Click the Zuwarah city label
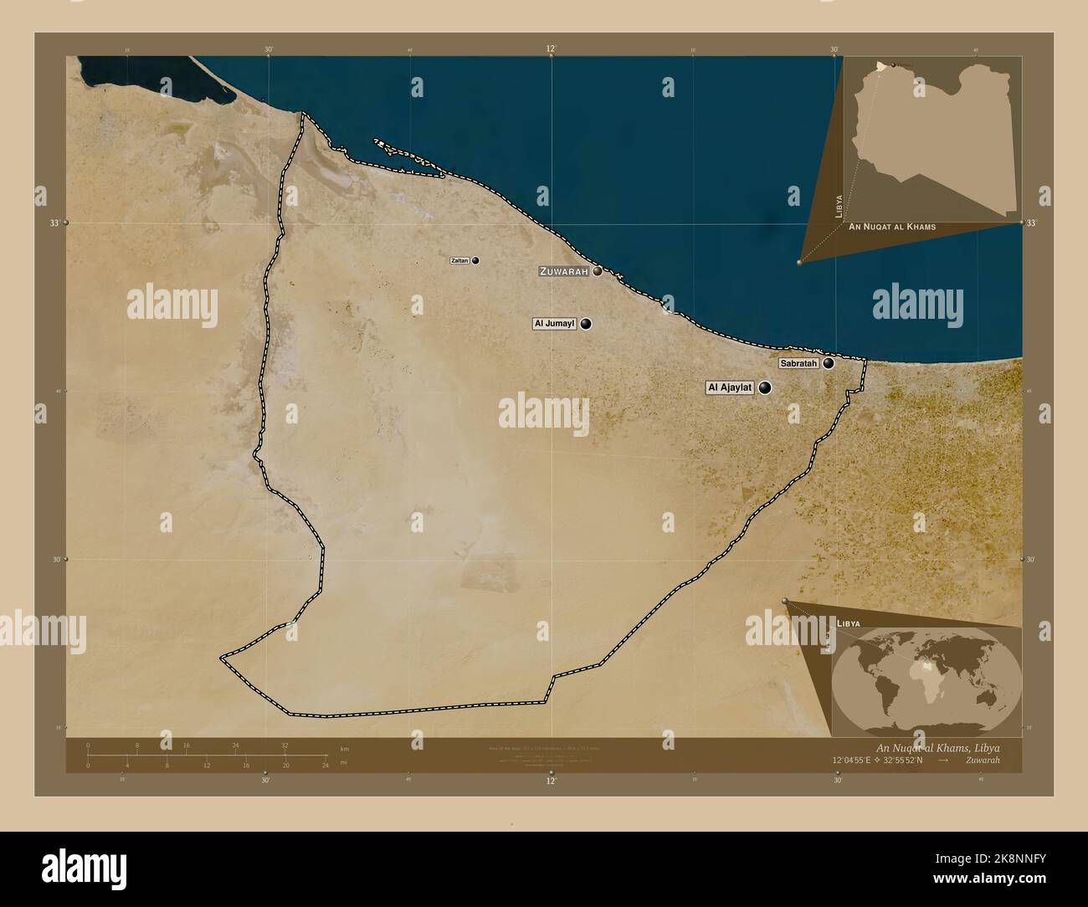(565, 271)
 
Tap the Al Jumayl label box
(554, 324)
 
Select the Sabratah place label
(798, 363)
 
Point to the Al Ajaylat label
(731, 387)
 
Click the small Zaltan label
(459, 261)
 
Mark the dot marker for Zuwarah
(598, 271)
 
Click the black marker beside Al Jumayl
(586, 324)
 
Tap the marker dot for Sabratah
(829, 363)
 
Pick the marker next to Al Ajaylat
(765, 387)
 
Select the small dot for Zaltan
(475, 261)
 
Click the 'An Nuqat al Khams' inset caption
(892, 227)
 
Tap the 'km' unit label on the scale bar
(344, 748)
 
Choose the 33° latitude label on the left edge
(54, 223)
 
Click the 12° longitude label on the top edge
(551, 49)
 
